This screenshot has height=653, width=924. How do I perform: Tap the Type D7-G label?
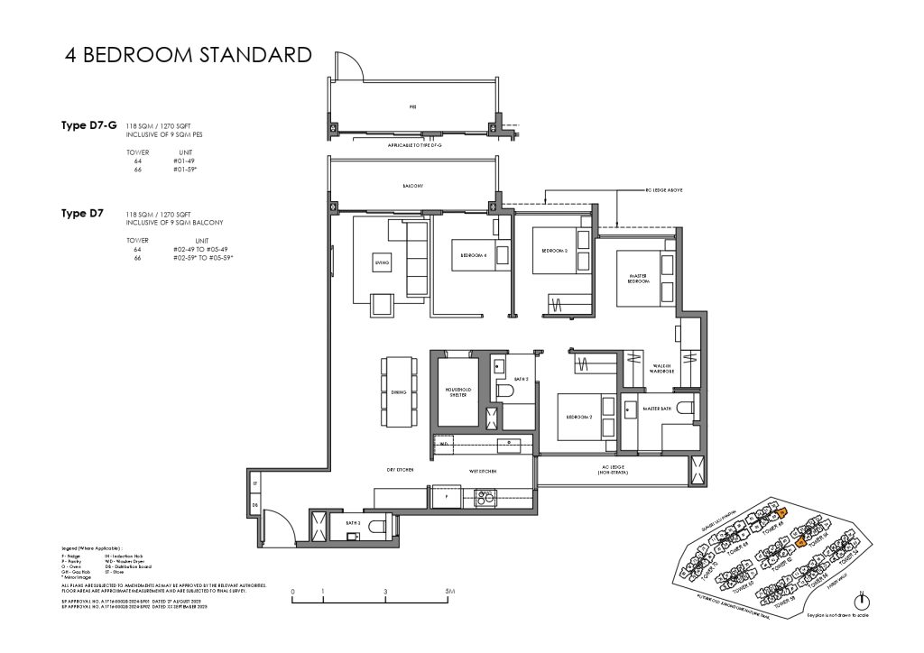coord(87,124)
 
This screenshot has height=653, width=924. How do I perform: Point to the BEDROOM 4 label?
coord(474,255)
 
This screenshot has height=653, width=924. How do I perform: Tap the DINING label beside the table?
coord(399,393)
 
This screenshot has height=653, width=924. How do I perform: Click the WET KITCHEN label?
coord(483,472)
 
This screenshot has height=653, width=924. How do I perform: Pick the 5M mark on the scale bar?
coord(448,593)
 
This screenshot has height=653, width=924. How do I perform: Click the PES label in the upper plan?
coord(412,106)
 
